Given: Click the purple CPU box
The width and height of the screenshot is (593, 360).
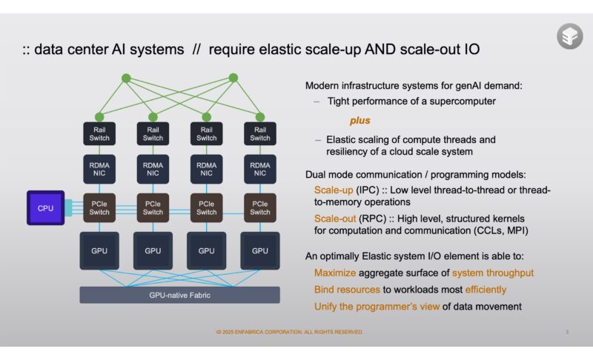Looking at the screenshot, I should (x=45, y=208).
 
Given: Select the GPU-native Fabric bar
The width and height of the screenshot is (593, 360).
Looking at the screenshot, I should (x=180, y=295).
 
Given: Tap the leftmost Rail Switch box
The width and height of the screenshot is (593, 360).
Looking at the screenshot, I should (x=99, y=133).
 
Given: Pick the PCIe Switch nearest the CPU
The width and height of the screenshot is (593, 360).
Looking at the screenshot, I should (x=99, y=208).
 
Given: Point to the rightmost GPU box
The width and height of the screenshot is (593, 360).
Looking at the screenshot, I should (x=260, y=251).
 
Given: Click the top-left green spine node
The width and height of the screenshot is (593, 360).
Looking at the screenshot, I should (x=126, y=78).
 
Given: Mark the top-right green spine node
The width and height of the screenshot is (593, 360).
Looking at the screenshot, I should (x=233, y=77).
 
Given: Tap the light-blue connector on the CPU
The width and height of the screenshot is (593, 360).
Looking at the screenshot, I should (x=69, y=208).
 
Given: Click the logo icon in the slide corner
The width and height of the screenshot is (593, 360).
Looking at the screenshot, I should (x=569, y=36).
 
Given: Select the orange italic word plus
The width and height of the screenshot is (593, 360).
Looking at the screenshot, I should (x=360, y=120).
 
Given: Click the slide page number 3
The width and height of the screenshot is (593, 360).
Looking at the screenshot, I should (x=567, y=332).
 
